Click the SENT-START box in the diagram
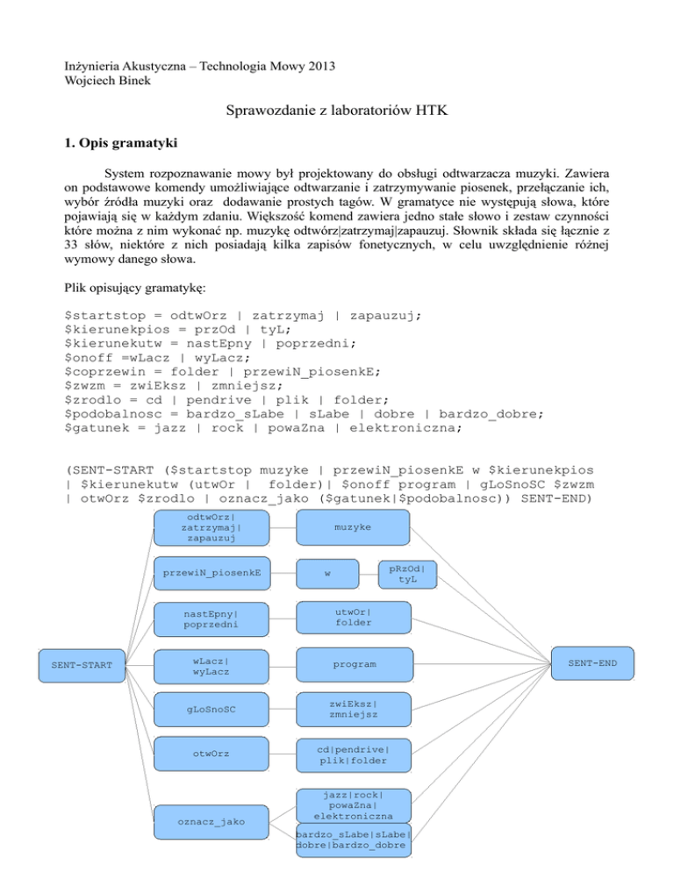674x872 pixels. tap(82, 664)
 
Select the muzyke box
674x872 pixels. tap(352, 528)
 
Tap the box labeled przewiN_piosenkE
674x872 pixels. tap(211, 573)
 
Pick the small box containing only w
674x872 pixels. tap(327, 575)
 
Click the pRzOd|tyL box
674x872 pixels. tap(407, 573)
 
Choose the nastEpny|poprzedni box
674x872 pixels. tap(211, 618)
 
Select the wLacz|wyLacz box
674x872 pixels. tap(211, 665)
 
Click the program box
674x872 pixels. tap(352, 664)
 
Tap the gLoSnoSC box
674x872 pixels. tap(211, 709)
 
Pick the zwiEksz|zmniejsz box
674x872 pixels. tap(352, 709)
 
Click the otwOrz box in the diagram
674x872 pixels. tap(211, 754)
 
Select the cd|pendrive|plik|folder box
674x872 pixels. tap(352, 754)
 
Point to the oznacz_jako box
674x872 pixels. tap(211, 821)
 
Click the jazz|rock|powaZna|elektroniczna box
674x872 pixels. tap(352, 804)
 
